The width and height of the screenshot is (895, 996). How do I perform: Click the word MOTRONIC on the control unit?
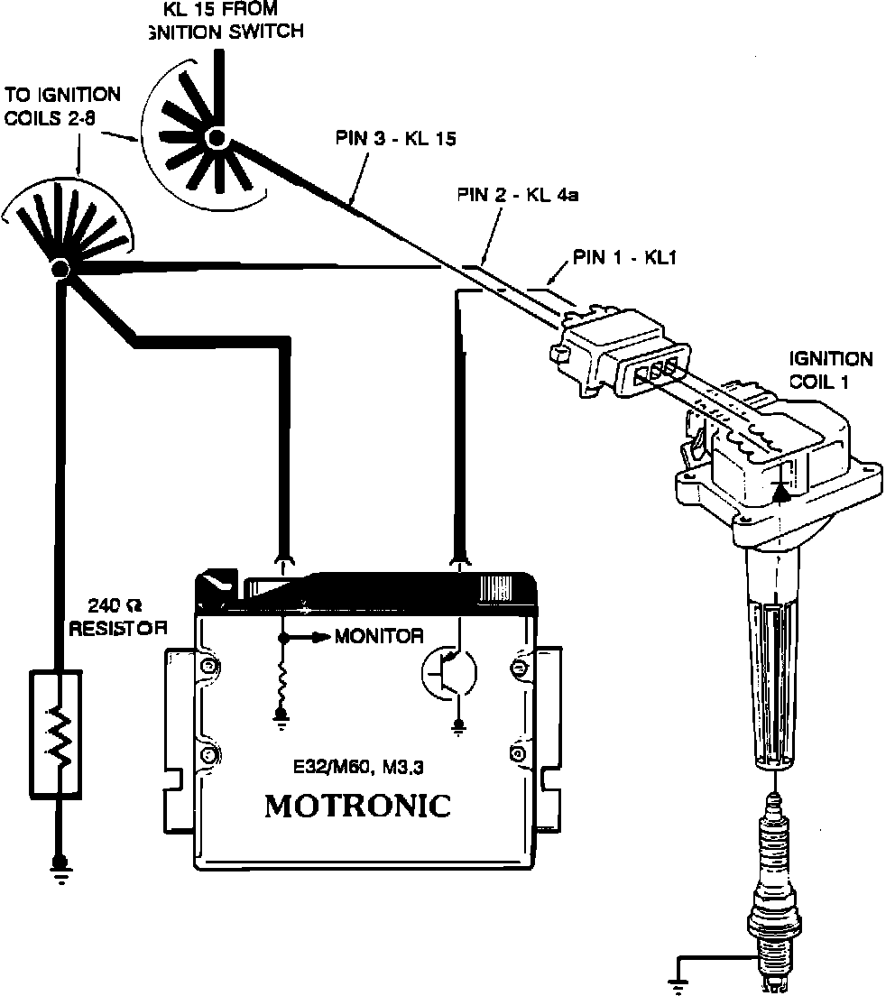(x=357, y=806)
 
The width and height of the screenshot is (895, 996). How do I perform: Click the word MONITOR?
(x=379, y=636)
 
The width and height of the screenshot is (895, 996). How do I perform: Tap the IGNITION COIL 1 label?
(x=830, y=370)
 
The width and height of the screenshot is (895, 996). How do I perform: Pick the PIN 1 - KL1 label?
(x=623, y=258)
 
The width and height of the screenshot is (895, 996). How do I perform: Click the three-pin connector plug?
(x=623, y=356)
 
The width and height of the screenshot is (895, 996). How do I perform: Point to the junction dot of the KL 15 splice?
(x=217, y=137)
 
